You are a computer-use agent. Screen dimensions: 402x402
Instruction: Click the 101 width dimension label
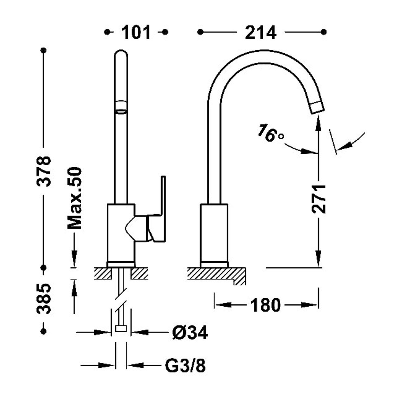point(136,32)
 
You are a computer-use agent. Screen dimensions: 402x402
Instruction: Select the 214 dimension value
point(260,32)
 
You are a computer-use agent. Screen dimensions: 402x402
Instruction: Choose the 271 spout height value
point(319,199)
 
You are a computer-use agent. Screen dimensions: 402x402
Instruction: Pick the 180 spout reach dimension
point(265,305)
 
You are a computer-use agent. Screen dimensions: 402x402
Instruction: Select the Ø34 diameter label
point(190,333)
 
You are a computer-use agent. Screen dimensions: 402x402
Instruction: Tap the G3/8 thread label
point(185,366)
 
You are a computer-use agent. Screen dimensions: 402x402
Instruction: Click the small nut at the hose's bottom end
point(121,328)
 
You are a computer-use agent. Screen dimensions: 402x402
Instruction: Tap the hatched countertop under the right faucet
point(212,273)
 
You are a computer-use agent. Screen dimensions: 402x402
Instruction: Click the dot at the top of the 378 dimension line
point(44,50)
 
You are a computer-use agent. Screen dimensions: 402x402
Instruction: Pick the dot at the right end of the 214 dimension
point(324,32)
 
